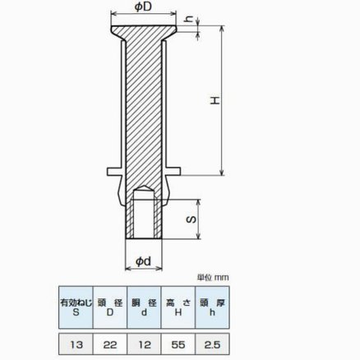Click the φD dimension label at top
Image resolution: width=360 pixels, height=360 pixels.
click(143, 7)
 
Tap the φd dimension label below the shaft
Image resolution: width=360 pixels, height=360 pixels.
click(144, 261)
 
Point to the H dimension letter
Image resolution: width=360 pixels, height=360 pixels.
click(215, 100)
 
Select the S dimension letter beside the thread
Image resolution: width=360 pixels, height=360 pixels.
click(192, 219)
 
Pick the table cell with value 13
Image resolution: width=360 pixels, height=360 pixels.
click(76, 344)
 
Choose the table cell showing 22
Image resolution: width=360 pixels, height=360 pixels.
click(110, 344)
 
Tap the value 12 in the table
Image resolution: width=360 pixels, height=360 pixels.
click(144, 344)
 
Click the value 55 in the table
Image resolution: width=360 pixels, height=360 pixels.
click(178, 344)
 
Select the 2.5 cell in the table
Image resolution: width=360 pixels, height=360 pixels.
click(212, 344)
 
